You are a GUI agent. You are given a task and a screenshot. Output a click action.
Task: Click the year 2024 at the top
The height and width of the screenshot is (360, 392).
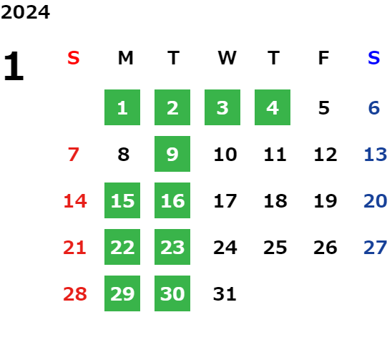(x=25, y=12)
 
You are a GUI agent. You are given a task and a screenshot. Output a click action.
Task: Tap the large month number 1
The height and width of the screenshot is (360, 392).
(x=14, y=66)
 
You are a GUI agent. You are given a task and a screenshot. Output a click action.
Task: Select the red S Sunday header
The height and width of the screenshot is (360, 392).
(x=74, y=58)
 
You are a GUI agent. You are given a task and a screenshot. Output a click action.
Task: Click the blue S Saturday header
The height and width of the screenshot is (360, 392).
(x=373, y=58)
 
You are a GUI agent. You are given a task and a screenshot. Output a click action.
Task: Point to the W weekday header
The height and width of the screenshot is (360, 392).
(x=227, y=58)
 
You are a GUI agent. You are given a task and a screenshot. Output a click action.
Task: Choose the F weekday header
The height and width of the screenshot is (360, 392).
(x=323, y=58)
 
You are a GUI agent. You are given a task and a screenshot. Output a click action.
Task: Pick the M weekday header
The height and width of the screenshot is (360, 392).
(x=125, y=58)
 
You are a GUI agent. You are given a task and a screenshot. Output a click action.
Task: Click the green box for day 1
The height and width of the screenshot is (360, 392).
(x=122, y=107)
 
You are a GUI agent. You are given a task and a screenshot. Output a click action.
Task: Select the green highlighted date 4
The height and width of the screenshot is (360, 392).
(x=273, y=107)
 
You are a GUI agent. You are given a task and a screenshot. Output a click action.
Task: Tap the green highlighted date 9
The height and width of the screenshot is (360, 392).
(x=172, y=154)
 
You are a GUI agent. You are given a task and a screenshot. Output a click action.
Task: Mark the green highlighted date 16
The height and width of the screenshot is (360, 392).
(x=172, y=200)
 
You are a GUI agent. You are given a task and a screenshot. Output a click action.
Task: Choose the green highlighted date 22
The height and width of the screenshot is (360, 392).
(x=122, y=247)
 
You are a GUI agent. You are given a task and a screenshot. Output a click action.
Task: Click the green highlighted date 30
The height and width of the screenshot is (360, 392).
(x=172, y=293)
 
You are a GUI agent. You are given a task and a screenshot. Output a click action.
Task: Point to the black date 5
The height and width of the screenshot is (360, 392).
(x=324, y=108)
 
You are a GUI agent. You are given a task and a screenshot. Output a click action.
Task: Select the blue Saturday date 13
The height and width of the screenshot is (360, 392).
(x=376, y=155)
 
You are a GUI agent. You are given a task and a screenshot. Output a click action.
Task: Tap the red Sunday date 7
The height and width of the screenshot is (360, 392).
(x=74, y=155)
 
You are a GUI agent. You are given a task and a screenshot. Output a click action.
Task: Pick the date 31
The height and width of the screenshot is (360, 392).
(x=225, y=294)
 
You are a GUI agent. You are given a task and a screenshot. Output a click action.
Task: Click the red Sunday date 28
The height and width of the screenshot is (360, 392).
(x=75, y=294)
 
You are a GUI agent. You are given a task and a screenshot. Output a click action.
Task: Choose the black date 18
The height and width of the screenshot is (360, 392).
(x=275, y=201)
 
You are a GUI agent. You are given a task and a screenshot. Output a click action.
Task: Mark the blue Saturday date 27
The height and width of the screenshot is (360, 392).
(x=376, y=248)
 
